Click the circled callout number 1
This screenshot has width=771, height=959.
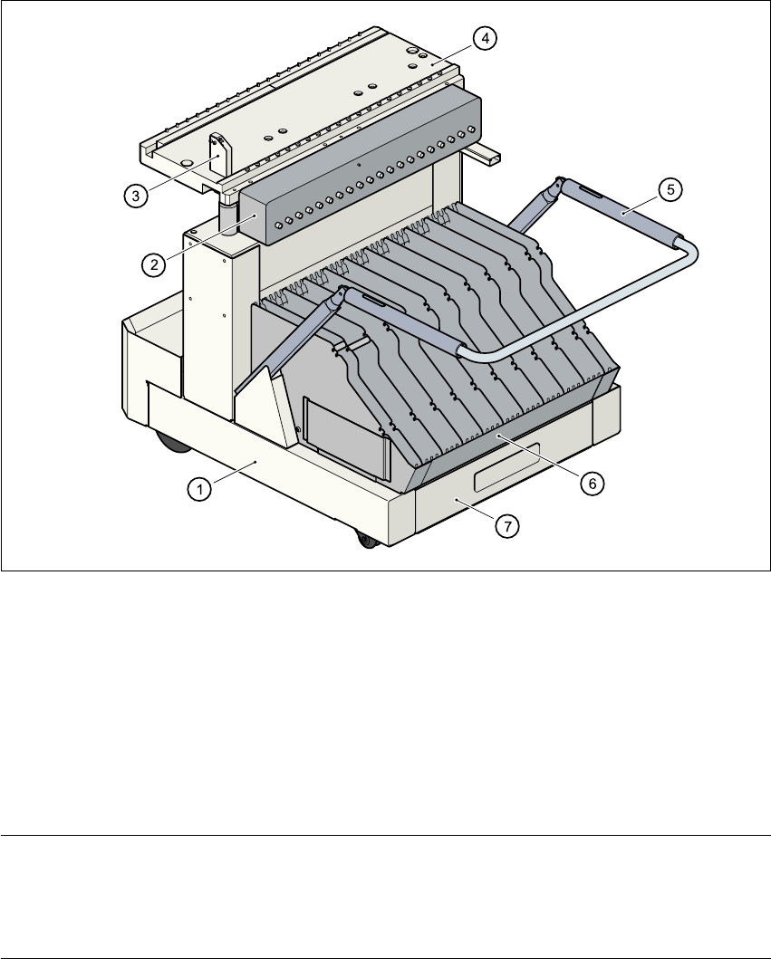coord(199,488)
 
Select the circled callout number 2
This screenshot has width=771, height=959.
coord(153,264)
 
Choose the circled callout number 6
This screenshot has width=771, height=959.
coord(589,484)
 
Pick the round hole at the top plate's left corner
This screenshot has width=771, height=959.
coord(186,159)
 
